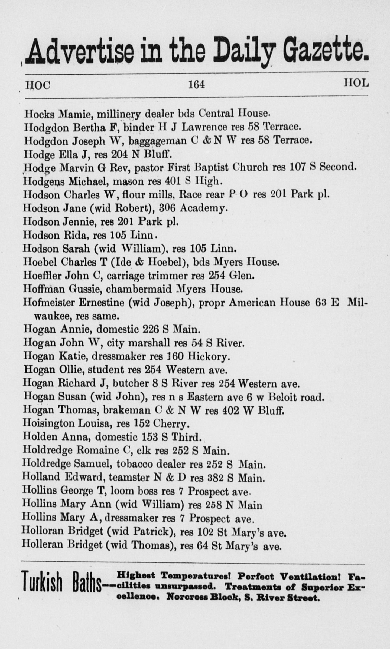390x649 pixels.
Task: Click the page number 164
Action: click(x=196, y=85)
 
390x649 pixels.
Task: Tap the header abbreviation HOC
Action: click(x=38, y=85)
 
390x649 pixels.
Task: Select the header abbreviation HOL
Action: click(x=356, y=83)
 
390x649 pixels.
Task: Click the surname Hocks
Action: click(x=40, y=114)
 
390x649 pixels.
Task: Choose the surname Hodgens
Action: click(x=44, y=181)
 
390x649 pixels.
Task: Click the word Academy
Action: click(x=202, y=208)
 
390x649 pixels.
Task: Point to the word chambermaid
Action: click(x=139, y=289)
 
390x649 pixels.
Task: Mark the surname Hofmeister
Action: click(x=48, y=302)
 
